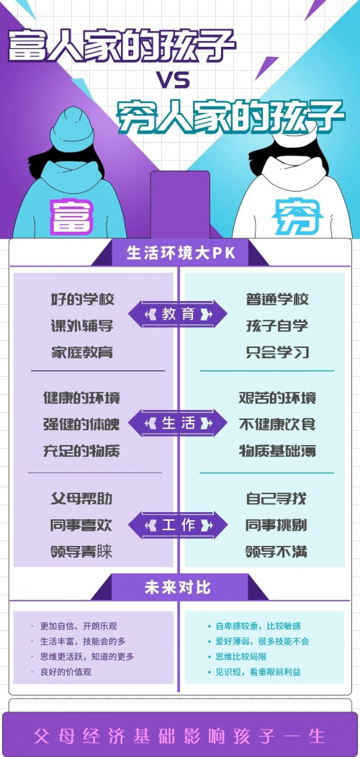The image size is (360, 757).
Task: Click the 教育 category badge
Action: click(178, 314)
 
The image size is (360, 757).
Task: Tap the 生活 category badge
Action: click(178, 424)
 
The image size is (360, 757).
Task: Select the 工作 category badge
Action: click(178, 525)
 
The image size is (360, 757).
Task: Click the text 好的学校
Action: click(83, 299)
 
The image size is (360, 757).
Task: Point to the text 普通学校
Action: click(277, 299)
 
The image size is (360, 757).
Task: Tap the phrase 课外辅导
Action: click(83, 326)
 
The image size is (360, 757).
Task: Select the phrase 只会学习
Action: click(277, 352)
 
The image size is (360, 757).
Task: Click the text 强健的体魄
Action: click(81, 424)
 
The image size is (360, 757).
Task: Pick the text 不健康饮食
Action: click(277, 424)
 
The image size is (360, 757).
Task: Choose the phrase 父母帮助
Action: click(81, 498)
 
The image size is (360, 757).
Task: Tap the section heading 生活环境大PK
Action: click(181, 254)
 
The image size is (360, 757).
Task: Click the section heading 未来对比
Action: click(178, 588)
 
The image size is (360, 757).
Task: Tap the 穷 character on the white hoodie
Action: click(298, 216)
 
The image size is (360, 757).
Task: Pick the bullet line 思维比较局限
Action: click(238, 657)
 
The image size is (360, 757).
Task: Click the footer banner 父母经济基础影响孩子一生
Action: click(179, 736)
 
